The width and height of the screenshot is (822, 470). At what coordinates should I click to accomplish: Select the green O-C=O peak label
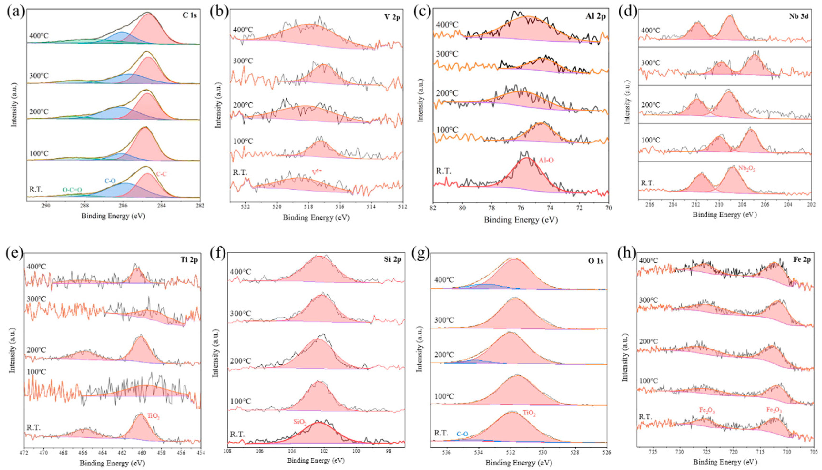[x=72, y=190]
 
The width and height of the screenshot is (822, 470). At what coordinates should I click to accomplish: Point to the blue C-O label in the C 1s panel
[x=110, y=181]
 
